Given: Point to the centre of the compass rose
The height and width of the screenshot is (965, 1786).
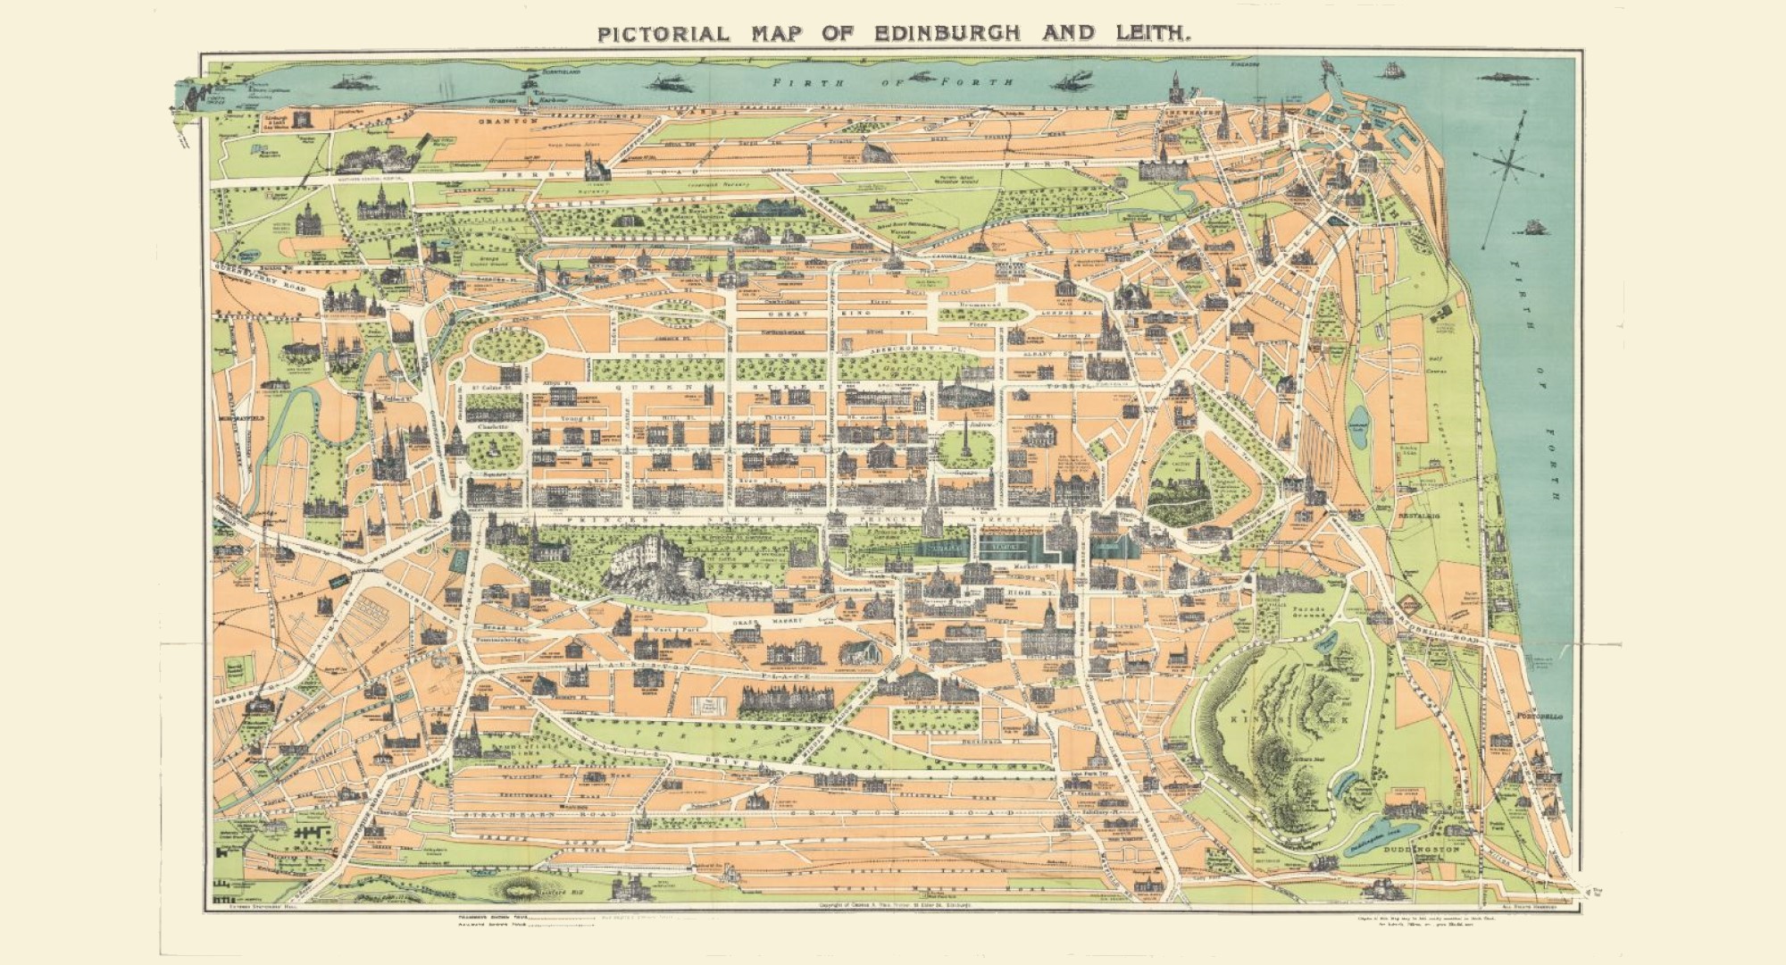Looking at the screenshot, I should pos(1510,161).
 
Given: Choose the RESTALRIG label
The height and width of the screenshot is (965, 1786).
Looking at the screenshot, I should pos(1415,516).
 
